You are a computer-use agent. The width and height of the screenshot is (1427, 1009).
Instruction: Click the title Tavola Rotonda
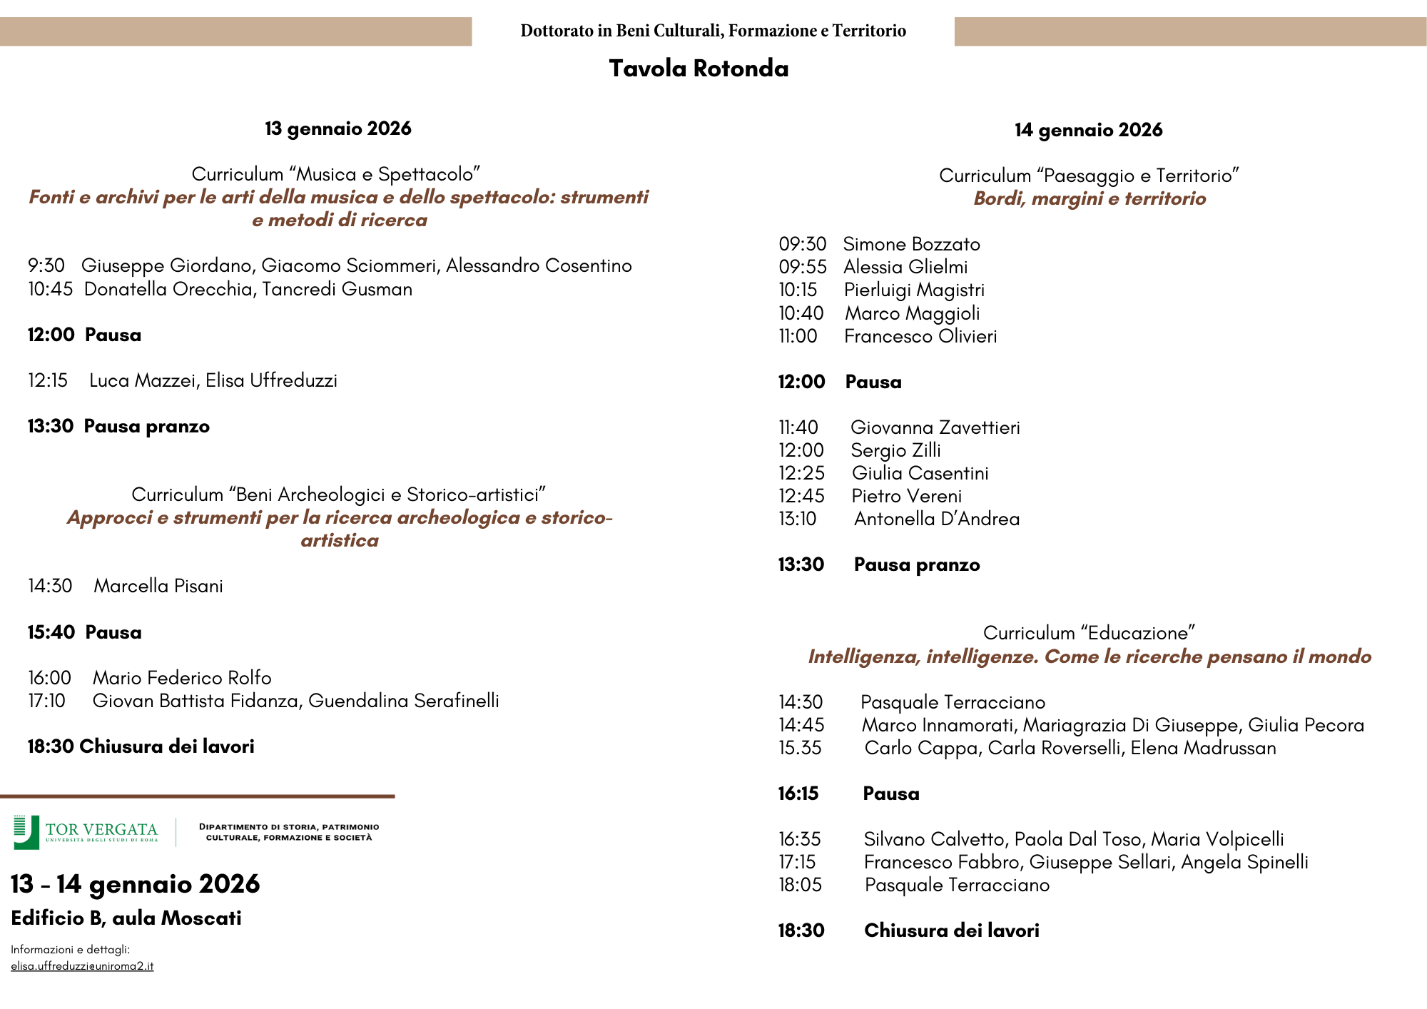coord(699,69)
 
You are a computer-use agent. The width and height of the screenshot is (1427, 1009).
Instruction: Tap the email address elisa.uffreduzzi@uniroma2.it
coord(82,966)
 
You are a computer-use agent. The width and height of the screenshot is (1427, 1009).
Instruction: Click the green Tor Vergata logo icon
coord(26,832)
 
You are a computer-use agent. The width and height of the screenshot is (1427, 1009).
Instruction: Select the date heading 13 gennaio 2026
coord(338,128)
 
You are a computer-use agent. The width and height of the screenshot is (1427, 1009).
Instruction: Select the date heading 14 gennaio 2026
coord(1088,130)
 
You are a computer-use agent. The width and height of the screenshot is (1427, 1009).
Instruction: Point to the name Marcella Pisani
coord(158,586)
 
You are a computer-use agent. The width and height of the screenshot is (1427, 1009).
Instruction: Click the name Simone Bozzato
coord(911,244)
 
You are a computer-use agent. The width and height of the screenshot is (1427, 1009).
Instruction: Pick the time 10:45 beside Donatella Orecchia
coord(50,289)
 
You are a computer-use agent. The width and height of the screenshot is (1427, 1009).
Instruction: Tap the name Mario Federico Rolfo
coord(182,677)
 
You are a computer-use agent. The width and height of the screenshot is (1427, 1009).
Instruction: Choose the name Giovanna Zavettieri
coord(935,427)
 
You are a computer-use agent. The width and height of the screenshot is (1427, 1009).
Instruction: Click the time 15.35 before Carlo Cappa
coord(800,748)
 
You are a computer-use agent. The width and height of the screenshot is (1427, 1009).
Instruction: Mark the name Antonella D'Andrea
coord(936,519)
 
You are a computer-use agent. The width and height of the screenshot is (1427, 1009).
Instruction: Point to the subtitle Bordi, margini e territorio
coord(1090,198)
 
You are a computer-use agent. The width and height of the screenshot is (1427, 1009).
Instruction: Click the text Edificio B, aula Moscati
coord(126,918)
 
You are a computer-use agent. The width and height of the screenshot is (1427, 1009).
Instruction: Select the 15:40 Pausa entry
coord(84,632)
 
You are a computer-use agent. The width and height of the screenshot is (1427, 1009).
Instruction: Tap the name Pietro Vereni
coord(906,496)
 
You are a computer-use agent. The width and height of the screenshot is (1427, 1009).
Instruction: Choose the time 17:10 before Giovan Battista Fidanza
coord(46,701)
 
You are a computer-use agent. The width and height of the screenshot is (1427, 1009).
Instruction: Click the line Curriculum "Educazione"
coord(1089,633)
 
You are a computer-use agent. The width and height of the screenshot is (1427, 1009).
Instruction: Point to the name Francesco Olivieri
coord(920,336)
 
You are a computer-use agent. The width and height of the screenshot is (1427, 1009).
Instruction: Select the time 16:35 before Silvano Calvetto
coord(799,839)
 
